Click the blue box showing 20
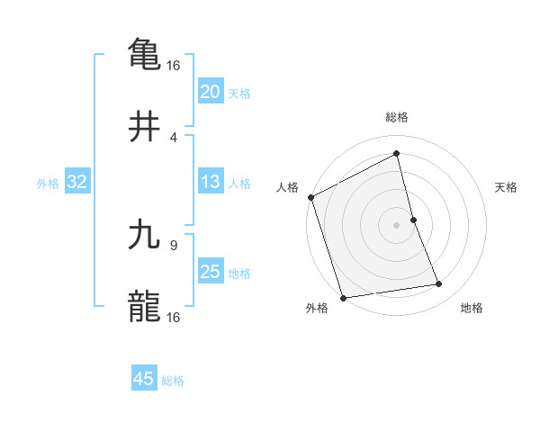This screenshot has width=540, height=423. (x=210, y=91)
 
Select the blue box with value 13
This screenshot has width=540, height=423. (x=210, y=182)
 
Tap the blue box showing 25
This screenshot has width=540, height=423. (x=210, y=272)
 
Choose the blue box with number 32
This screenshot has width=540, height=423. (x=77, y=182)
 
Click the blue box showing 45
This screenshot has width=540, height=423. (x=144, y=379)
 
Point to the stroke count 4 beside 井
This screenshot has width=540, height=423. (x=174, y=138)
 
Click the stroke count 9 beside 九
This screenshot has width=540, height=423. (x=174, y=243)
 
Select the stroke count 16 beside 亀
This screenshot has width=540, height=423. (x=174, y=65)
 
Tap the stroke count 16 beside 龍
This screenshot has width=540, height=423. (x=174, y=318)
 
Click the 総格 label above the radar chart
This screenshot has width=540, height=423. (x=397, y=117)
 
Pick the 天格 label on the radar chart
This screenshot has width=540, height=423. (x=507, y=187)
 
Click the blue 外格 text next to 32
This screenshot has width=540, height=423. (x=48, y=183)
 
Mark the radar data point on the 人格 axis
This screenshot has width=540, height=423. (x=311, y=197)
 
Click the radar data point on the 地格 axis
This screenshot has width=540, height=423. (x=439, y=284)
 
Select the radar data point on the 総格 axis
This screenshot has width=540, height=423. (x=397, y=154)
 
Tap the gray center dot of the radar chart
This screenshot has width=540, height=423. (x=397, y=224)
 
